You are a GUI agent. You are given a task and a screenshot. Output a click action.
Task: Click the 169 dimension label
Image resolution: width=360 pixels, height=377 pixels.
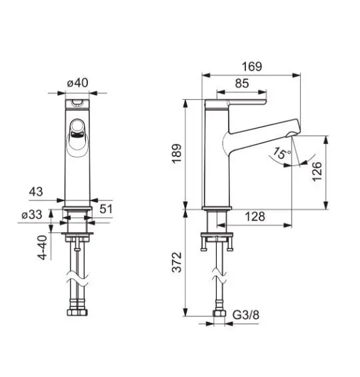(252, 67)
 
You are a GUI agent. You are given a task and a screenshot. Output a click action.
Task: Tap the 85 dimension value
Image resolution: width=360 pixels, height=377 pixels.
(242, 83)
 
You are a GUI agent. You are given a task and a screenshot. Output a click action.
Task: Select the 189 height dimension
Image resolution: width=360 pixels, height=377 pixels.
(177, 154)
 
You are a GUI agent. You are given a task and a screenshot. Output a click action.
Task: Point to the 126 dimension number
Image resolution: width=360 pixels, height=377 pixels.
(317, 171)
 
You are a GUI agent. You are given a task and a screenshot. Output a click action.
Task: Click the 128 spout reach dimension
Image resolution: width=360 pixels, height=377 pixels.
(255, 216)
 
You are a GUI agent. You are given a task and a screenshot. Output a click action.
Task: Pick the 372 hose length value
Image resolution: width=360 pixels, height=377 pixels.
(177, 262)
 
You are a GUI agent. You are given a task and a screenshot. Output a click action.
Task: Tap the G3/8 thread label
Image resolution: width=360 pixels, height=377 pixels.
(246, 315)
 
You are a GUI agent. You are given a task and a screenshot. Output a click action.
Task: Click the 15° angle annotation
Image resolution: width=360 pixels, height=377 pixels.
(282, 153)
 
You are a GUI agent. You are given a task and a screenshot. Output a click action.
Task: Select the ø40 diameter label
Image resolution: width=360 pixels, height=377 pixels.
(78, 83)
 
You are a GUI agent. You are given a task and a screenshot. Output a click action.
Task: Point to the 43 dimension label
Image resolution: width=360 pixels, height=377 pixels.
(36, 192)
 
